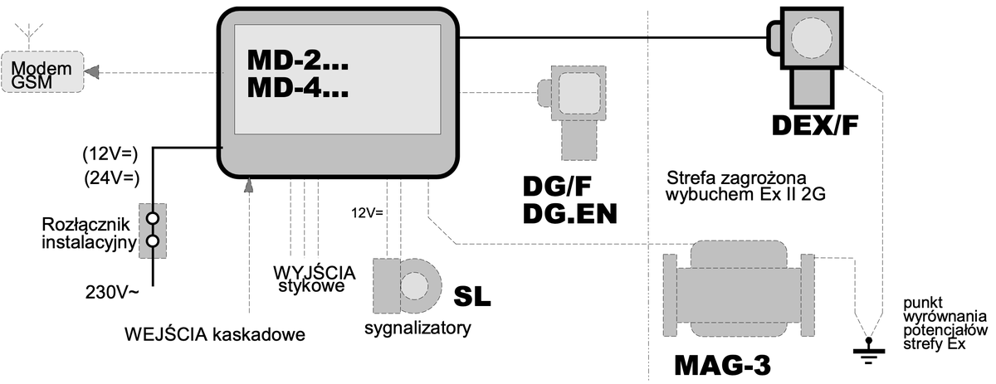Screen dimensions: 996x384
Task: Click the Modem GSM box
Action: (x=42, y=72)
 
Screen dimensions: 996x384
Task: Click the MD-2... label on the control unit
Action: (x=298, y=60)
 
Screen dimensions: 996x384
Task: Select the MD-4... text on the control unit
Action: (x=298, y=87)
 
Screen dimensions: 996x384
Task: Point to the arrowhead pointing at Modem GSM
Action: (x=91, y=72)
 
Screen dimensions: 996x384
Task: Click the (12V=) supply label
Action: (x=110, y=153)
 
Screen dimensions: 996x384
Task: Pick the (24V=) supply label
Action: (x=111, y=177)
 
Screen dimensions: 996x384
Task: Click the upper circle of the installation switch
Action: (x=153, y=218)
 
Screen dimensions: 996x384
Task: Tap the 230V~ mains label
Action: (x=112, y=293)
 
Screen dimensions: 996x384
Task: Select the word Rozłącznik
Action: (x=85, y=225)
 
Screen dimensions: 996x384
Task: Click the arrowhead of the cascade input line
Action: (x=249, y=185)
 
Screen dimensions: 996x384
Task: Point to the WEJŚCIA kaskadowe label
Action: (x=215, y=334)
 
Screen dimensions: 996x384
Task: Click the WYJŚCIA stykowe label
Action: (x=315, y=279)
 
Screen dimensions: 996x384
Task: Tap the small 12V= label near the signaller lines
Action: (x=367, y=213)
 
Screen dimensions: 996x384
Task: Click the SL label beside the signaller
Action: (x=472, y=296)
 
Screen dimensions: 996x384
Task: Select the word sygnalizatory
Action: (x=417, y=328)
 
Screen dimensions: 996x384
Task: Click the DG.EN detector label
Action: (x=570, y=214)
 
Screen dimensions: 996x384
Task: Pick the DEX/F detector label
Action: (x=814, y=125)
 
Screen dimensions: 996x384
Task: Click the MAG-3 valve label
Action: (x=723, y=365)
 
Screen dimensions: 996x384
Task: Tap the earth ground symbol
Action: (x=868, y=351)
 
